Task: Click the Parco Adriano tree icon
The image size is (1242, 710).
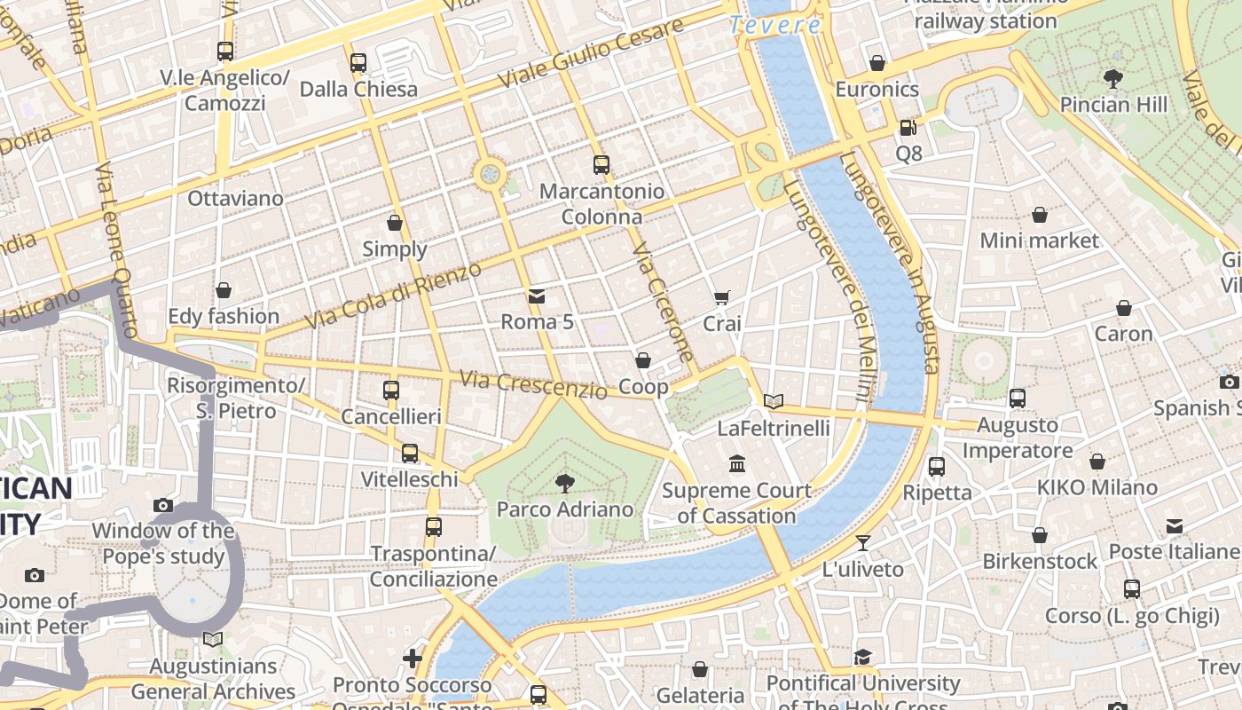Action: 564,483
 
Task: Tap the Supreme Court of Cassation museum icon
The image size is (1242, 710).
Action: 737,463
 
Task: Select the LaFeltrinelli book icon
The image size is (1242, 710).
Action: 774,401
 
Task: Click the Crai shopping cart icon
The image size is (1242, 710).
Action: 722,298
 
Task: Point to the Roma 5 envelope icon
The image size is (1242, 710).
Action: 537,296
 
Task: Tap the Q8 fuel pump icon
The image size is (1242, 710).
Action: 908,128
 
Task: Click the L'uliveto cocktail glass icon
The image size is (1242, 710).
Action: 863,542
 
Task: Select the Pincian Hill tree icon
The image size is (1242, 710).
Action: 1113,78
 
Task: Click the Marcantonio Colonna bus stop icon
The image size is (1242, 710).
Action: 601,164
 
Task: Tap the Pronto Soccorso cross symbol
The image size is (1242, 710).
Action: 413,658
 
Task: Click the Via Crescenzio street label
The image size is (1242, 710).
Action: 534,383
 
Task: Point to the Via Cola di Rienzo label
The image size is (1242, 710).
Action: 393,296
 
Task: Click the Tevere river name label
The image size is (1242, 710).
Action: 775,25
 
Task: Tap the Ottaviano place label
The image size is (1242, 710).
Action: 235,198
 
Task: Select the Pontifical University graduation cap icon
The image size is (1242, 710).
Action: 862,657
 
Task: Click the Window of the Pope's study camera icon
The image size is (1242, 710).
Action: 163,505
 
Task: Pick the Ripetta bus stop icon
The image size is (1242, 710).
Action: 937,466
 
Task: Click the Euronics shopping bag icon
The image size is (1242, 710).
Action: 877,63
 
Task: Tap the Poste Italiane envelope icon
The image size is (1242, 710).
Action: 1175,525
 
